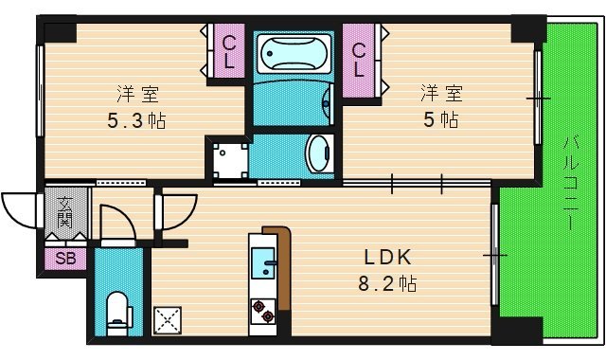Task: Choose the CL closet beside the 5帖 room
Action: click(360, 58)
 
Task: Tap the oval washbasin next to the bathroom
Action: click(320, 152)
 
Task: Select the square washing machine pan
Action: click(228, 157)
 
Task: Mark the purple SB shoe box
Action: click(65, 258)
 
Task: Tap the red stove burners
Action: click(262, 310)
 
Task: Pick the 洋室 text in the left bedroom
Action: click(137, 94)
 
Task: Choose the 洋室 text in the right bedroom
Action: click(441, 92)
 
